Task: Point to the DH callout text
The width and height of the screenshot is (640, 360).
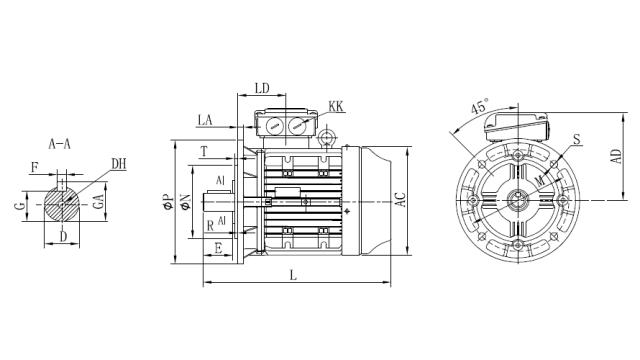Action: point(119,164)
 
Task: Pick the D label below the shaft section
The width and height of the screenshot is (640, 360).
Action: point(63,237)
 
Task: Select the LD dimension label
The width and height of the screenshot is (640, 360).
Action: point(262,88)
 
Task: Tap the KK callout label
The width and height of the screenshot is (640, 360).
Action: point(337,105)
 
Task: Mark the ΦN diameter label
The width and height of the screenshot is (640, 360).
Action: point(186,205)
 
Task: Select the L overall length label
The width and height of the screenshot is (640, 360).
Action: point(291,274)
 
